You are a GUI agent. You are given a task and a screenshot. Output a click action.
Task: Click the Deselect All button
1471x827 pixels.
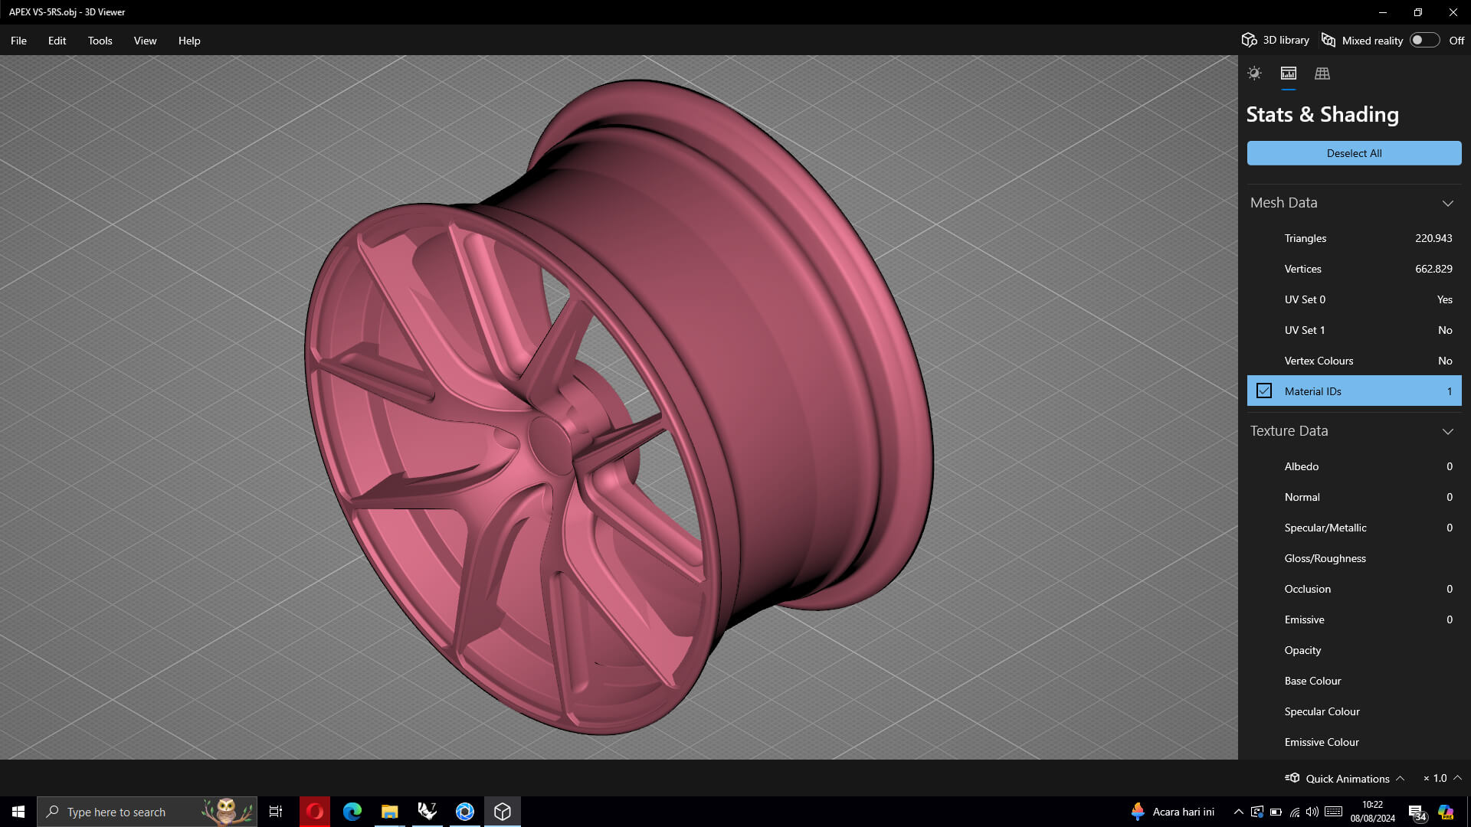(x=1354, y=153)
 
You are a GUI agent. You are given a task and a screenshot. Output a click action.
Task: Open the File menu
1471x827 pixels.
(x=18, y=41)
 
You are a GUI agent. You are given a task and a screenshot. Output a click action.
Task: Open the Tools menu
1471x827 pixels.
(x=100, y=41)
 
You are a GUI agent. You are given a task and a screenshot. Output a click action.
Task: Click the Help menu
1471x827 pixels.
(x=189, y=41)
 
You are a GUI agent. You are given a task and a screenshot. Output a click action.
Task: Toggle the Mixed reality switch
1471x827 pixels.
(x=1424, y=41)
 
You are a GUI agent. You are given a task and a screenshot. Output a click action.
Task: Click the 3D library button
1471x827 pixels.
(x=1276, y=41)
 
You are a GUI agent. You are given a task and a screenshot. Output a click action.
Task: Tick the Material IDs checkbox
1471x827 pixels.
(x=1264, y=391)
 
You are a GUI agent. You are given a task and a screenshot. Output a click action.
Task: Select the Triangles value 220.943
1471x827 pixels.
(x=1433, y=238)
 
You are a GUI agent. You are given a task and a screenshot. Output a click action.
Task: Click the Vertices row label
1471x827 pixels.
(x=1302, y=269)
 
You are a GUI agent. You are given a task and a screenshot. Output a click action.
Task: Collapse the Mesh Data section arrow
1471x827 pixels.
(x=1447, y=203)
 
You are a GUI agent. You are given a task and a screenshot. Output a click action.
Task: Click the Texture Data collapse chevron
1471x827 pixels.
(x=1447, y=431)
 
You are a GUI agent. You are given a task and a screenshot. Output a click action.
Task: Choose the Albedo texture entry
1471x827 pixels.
(x=1301, y=466)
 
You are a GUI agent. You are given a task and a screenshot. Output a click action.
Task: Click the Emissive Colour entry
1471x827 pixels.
(x=1322, y=742)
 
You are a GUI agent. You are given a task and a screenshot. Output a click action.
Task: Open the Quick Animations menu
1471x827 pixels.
(x=1346, y=778)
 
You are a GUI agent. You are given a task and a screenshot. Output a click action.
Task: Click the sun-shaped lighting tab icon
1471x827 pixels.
(x=1254, y=74)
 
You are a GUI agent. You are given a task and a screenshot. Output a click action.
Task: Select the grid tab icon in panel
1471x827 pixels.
(x=1322, y=74)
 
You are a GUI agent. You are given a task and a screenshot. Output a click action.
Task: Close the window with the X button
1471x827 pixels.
(x=1453, y=12)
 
